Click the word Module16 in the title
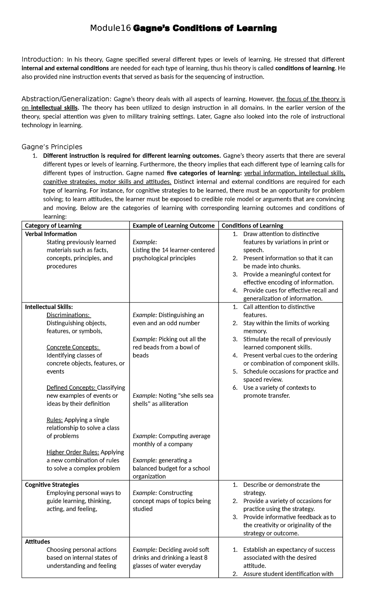coord(110,28)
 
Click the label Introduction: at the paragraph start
coord(43,59)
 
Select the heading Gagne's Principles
coord(52,147)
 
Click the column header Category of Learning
coord(53,226)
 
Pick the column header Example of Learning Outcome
coord(173,226)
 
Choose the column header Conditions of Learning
coord(252,226)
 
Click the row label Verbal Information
coord(51,234)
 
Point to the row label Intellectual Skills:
coord(49,307)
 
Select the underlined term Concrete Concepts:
coord(73,347)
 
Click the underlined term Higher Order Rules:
coord(73,452)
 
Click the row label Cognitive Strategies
coord(52,485)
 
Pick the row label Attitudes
coord(37,542)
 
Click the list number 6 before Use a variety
coord(235,388)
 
